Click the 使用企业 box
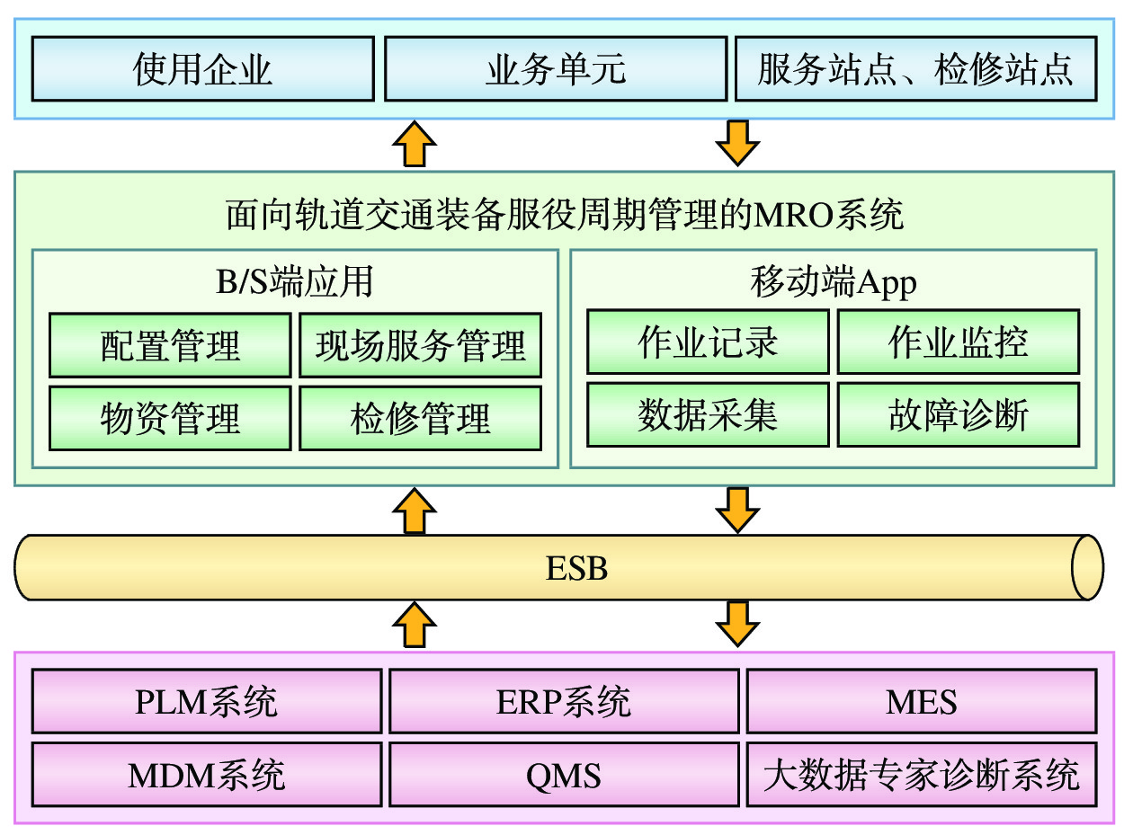coord(202,68)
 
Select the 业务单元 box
coord(556,68)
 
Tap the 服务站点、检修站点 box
coord(915,68)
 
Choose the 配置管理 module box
coord(170,345)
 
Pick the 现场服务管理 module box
coord(420,345)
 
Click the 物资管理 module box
coord(170,418)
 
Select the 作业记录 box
coord(708,342)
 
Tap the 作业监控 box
coord(958,342)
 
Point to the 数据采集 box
coord(708,414)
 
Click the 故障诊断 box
coord(958,414)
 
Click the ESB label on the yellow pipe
coord(576,568)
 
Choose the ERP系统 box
coord(563,701)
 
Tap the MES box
coord(922,701)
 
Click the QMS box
coord(563,774)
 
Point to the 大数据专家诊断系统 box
coord(922,774)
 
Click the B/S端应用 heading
coord(294,282)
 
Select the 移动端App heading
coord(833,282)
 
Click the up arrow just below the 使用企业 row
coord(414,143)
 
